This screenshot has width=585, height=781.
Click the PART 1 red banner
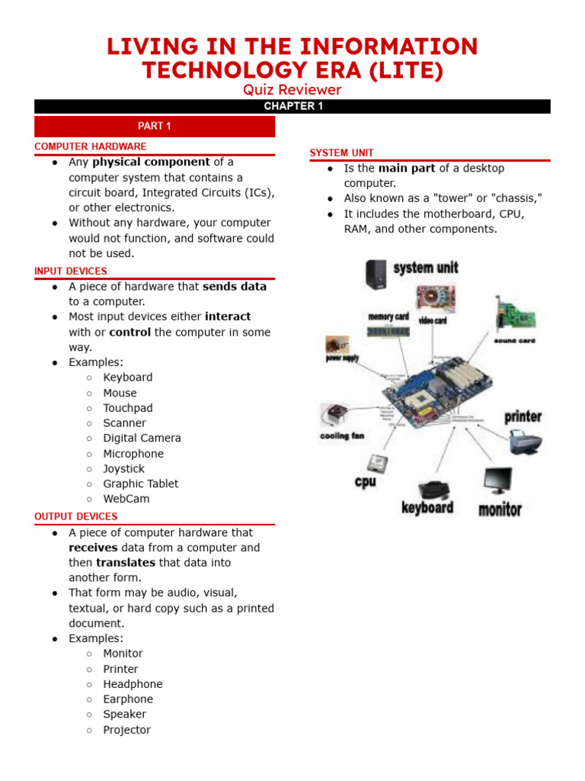click(155, 126)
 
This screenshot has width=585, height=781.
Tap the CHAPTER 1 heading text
click(293, 106)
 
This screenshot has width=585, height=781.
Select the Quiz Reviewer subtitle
click(292, 90)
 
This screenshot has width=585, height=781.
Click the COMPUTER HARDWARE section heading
click(91, 146)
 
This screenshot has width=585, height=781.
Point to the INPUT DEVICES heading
click(71, 271)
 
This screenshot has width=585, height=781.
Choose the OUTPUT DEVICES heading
click(76, 516)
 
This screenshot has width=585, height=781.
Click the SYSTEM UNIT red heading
click(341, 153)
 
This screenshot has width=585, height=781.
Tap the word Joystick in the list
click(123, 468)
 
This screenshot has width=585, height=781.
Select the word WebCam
click(126, 499)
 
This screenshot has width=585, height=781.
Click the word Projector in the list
click(127, 730)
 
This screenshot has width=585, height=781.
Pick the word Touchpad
click(128, 408)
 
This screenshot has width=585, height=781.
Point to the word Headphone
click(133, 684)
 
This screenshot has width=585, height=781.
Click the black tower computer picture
click(376, 274)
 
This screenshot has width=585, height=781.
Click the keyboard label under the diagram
click(427, 508)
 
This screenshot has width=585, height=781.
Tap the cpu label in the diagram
click(366, 483)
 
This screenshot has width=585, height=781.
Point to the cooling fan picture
click(333, 416)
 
